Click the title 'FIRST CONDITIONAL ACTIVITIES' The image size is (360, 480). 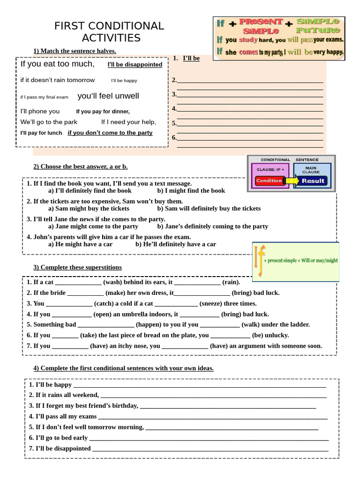tap(109, 32)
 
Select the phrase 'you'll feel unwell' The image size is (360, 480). tap(108, 96)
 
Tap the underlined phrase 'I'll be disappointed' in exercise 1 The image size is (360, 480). tap(135, 65)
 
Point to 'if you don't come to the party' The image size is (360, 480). tap(110, 133)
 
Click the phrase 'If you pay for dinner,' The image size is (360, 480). tap(103, 112)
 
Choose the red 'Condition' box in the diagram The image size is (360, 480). tap(269, 180)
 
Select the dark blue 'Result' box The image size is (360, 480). tap(313, 180)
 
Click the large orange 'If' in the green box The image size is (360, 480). tap(259, 261)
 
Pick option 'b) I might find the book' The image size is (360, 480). tap(191, 191)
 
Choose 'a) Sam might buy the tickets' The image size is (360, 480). tap(89, 209)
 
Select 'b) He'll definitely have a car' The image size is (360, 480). tap(176, 244)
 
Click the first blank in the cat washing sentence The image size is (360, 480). tap(78, 283)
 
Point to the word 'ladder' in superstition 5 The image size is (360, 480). tap(300, 324)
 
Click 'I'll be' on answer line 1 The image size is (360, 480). tap(191, 58)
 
